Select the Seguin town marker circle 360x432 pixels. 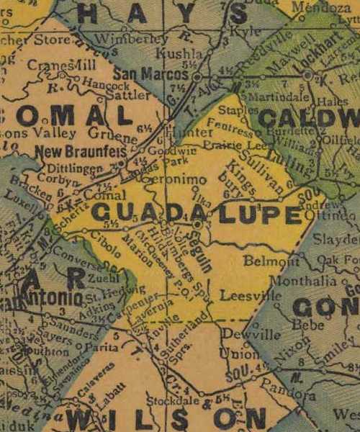click(197, 225)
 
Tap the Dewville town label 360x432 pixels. click(241, 334)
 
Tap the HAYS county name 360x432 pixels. click(144, 12)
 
